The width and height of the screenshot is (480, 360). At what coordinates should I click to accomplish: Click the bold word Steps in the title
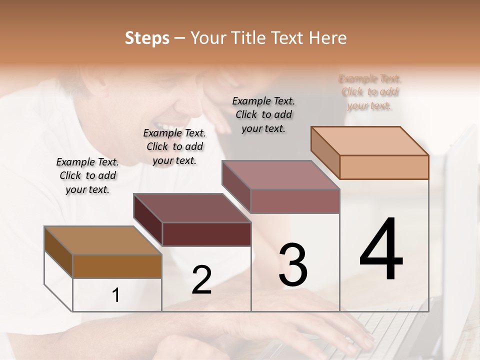pyautogui.click(x=147, y=38)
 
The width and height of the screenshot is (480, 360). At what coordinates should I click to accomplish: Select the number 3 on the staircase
pyautogui.click(x=293, y=265)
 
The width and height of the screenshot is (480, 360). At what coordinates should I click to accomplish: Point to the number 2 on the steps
pyautogui.click(x=201, y=280)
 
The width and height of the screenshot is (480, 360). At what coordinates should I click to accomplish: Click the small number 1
pyautogui.click(x=116, y=295)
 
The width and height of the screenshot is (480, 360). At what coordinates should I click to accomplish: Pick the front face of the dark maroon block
pyautogui.click(x=206, y=234)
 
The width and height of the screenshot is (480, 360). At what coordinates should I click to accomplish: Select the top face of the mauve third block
pyautogui.click(x=280, y=175)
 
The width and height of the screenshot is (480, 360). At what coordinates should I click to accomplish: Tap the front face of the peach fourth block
pyautogui.click(x=384, y=167)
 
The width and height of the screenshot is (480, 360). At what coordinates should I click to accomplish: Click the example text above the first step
pyautogui.click(x=87, y=175)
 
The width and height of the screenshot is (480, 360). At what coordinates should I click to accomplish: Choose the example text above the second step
pyautogui.click(x=174, y=146)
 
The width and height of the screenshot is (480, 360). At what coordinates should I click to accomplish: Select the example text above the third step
pyautogui.click(x=263, y=114)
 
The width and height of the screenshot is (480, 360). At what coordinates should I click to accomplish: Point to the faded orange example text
pyautogui.click(x=370, y=92)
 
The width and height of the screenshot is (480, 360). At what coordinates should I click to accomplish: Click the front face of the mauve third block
pyautogui.click(x=295, y=201)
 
